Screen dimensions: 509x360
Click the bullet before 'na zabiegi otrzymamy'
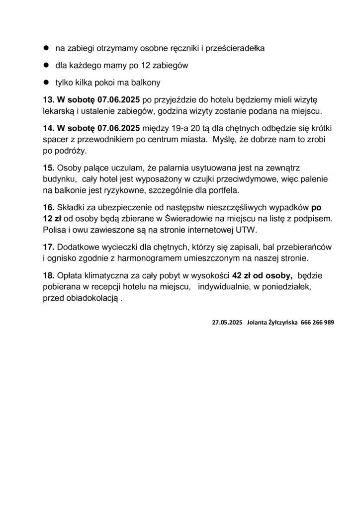pos(44,49)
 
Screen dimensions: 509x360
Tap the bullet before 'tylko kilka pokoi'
pos(44,82)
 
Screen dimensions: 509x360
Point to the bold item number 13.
pos(48,99)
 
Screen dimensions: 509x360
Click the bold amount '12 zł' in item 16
pos(51,218)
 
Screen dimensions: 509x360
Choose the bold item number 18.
pos(48,275)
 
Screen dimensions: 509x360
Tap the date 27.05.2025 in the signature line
pos(227,322)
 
